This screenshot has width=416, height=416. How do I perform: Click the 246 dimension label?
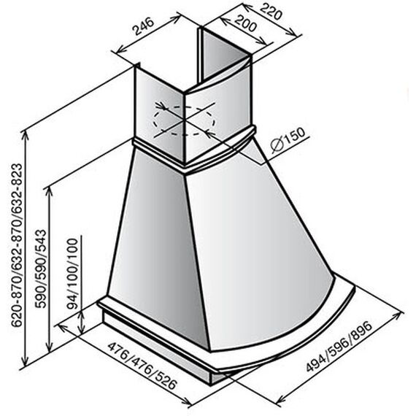tap(145, 26)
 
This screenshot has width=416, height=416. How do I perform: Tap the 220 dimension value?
tap(270, 11)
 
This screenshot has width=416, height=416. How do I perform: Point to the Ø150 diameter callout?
tap(288, 140)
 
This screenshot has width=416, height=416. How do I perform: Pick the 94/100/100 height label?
tap(73, 274)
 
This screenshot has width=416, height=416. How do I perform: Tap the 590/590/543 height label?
tap(41, 269)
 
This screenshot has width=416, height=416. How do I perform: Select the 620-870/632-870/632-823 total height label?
tap(17, 245)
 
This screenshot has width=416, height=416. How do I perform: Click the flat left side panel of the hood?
tap(156, 247)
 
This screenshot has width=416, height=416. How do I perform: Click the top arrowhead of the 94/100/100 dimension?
tap(82, 314)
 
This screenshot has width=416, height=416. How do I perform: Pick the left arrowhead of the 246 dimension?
tap(121, 50)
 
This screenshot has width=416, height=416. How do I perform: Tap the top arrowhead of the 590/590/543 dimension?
tap(49, 190)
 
